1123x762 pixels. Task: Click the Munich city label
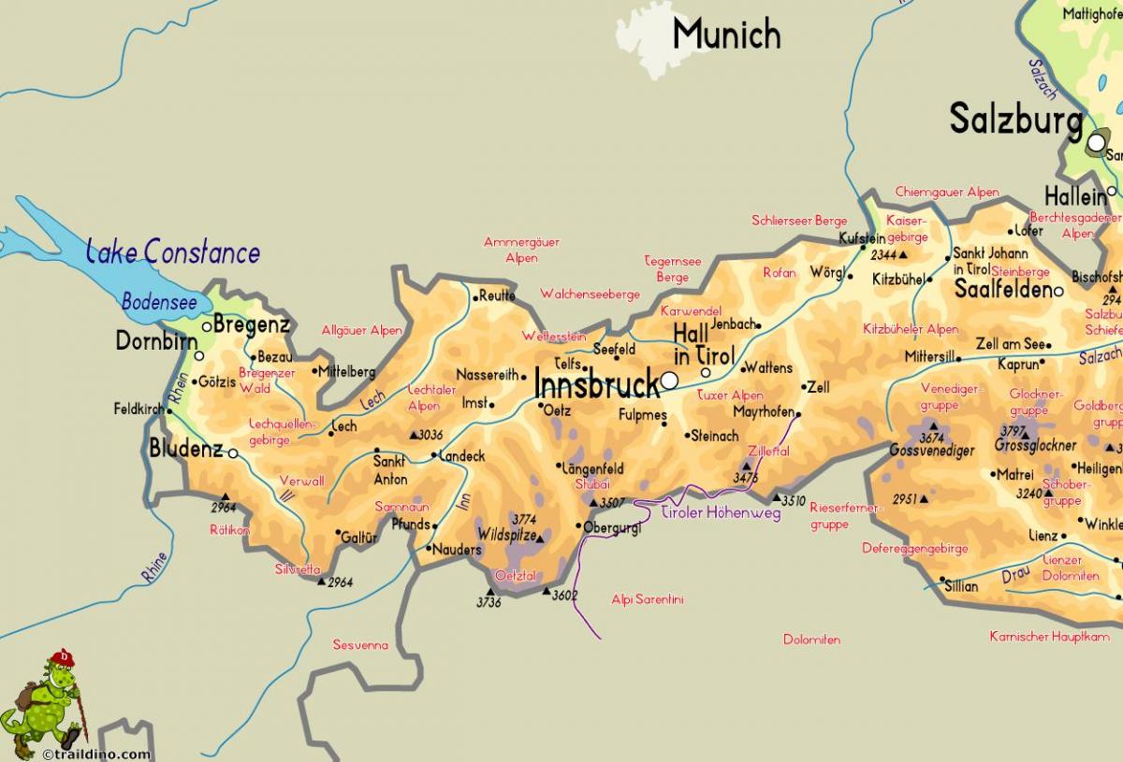pyautogui.click(x=726, y=35)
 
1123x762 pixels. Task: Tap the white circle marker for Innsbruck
pyautogui.click(x=669, y=381)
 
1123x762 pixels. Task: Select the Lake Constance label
pyautogui.click(x=173, y=252)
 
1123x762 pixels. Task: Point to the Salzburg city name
pyautogui.click(x=1015, y=121)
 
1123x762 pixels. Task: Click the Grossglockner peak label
pyautogui.click(x=1035, y=446)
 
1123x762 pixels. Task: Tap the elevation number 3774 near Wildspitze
pyautogui.click(x=524, y=518)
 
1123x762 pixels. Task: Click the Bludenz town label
pyautogui.click(x=186, y=450)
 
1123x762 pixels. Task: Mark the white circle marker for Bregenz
pyautogui.click(x=207, y=326)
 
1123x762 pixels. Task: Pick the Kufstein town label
pyautogui.click(x=861, y=238)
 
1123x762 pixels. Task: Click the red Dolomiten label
pyautogui.click(x=811, y=640)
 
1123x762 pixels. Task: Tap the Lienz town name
pyautogui.click(x=1043, y=536)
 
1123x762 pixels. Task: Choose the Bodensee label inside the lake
pyautogui.click(x=159, y=302)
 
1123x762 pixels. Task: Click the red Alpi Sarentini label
pyautogui.click(x=647, y=599)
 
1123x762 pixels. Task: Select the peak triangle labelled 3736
pyautogui.click(x=489, y=591)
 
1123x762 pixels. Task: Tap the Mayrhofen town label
pyautogui.click(x=763, y=411)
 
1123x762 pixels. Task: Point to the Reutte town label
pyautogui.click(x=497, y=295)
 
